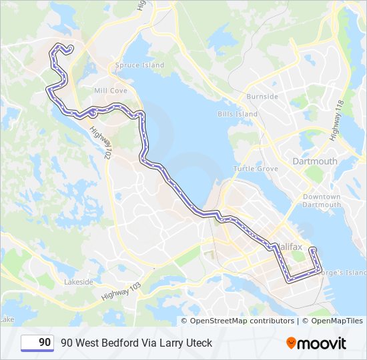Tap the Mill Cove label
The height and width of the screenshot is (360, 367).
tap(111, 90)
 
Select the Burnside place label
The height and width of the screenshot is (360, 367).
tap(262, 97)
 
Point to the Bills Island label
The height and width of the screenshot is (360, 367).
tap(237, 114)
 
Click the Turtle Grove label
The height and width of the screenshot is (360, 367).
tap(256, 169)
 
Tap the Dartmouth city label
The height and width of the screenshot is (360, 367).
tap(315, 161)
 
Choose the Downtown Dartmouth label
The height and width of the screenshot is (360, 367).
tap(322, 201)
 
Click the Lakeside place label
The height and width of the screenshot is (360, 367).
tap(79, 282)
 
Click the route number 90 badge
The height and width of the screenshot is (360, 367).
tap(37, 343)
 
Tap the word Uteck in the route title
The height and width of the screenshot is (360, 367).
tap(198, 343)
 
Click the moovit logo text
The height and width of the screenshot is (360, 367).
tap(322, 343)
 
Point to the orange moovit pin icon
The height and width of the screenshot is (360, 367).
tap(292, 343)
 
